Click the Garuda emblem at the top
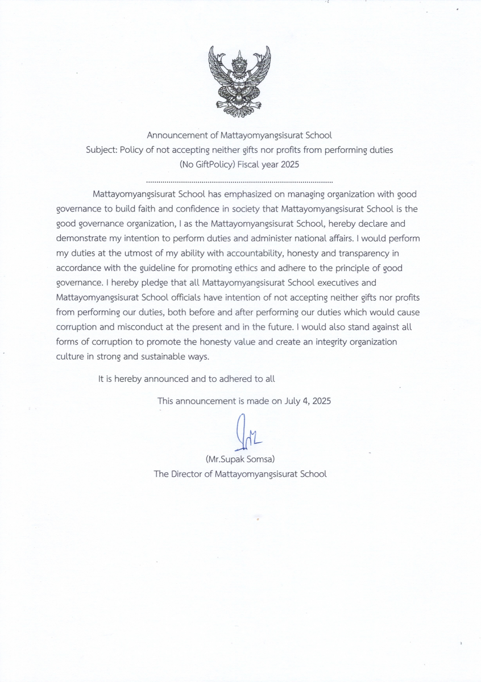(x=239, y=81)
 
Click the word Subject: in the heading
(x=101, y=150)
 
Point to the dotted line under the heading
(x=239, y=181)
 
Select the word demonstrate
(x=84, y=238)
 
